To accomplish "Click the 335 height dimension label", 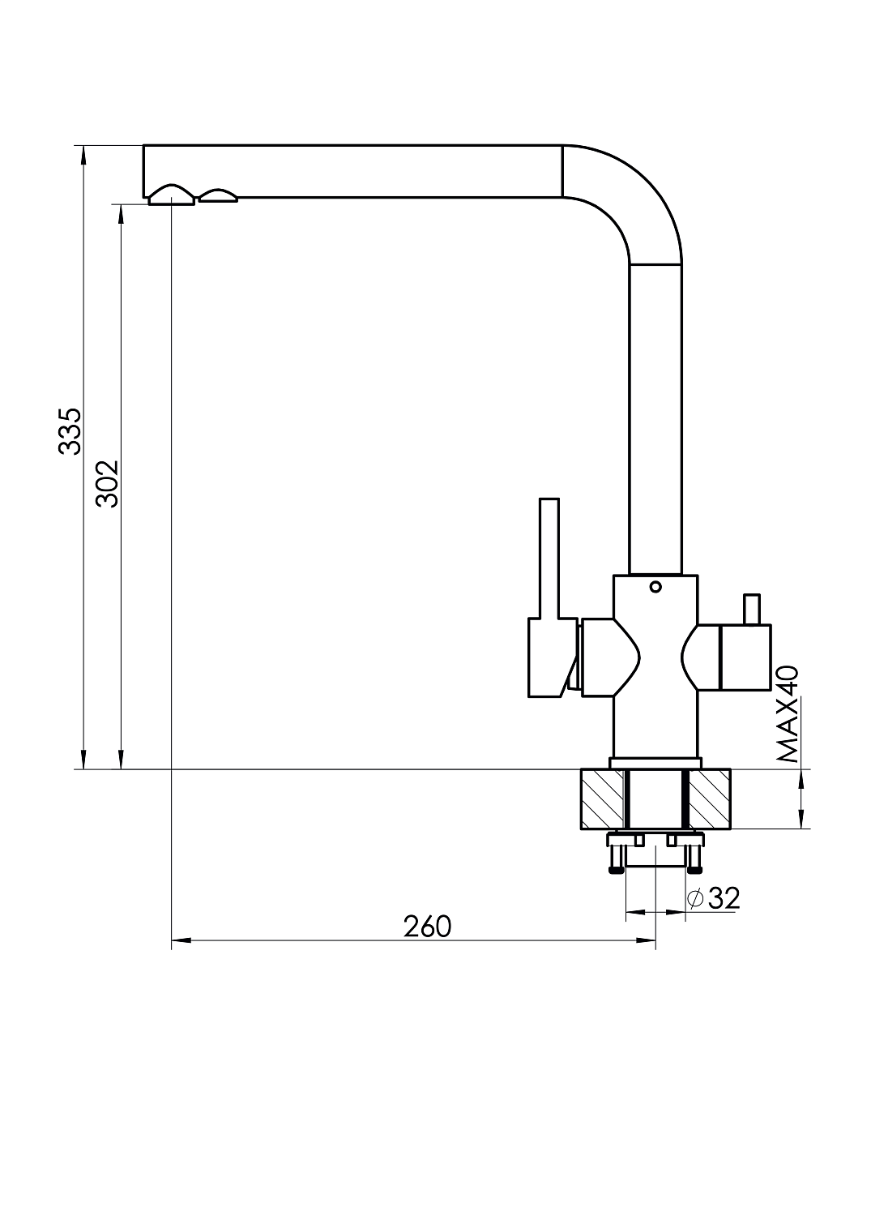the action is tap(70, 431).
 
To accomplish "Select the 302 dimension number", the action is tap(107, 484).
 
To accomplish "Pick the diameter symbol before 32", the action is tap(695, 899).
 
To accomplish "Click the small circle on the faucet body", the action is tap(655, 586).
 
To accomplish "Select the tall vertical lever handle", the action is tap(549, 559).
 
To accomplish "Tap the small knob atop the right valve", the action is tap(752, 610).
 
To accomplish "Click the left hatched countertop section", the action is tap(602, 799).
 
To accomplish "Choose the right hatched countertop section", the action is tap(709, 799).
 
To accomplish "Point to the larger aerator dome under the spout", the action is tap(172, 195).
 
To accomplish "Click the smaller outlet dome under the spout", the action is tap(218, 195).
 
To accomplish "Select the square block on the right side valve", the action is tap(745, 657).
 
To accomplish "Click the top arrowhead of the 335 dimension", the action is tap(83, 156).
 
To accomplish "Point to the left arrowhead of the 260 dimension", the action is tap(181, 940).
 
